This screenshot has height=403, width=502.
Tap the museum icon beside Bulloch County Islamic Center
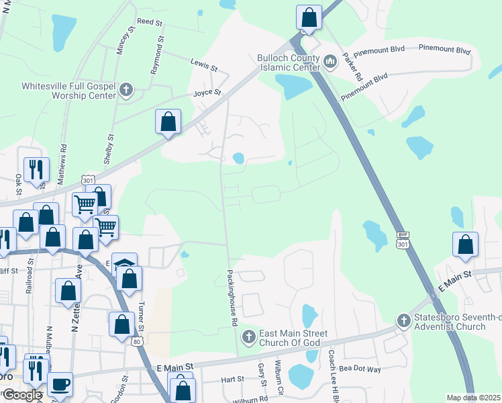pyautogui.click(x=330, y=62)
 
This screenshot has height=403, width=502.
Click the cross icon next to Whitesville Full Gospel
pyautogui.click(x=125, y=90)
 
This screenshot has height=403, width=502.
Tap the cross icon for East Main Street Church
pyautogui.click(x=249, y=337)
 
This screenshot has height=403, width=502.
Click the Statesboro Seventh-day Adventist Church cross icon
pyautogui.click(x=404, y=321)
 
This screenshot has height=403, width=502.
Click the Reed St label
pyautogui.click(x=150, y=22)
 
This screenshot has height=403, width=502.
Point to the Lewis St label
pyautogui.click(x=204, y=68)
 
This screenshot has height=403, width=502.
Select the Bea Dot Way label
pyautogui.click(x=360, y=369)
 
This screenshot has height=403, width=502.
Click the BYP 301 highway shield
pyautogui.click(x=402, y=240)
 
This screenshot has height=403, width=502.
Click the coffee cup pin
pyautogui.click(x=60, y=384)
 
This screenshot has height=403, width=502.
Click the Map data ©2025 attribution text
pyautogui.click(x=474, y=398)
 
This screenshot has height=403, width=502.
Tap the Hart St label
pyautogui.click(x=232, y=379)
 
